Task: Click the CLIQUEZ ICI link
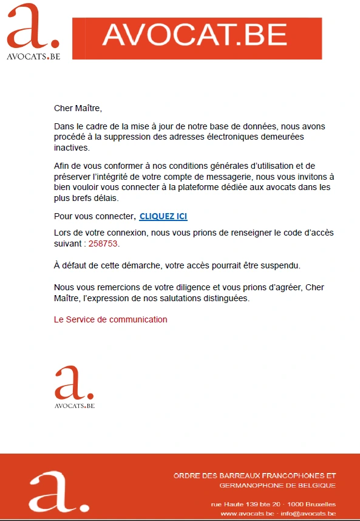[x=163, y=217]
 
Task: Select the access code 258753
[x=103, y=243]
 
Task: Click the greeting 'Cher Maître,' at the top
[x=78, y=109]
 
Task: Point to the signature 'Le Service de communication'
[x=110, y=319]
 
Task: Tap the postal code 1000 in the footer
[x=296, y=505]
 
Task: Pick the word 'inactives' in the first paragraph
[x=71, y=148]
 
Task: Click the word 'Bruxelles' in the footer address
[x=321, y=505]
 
